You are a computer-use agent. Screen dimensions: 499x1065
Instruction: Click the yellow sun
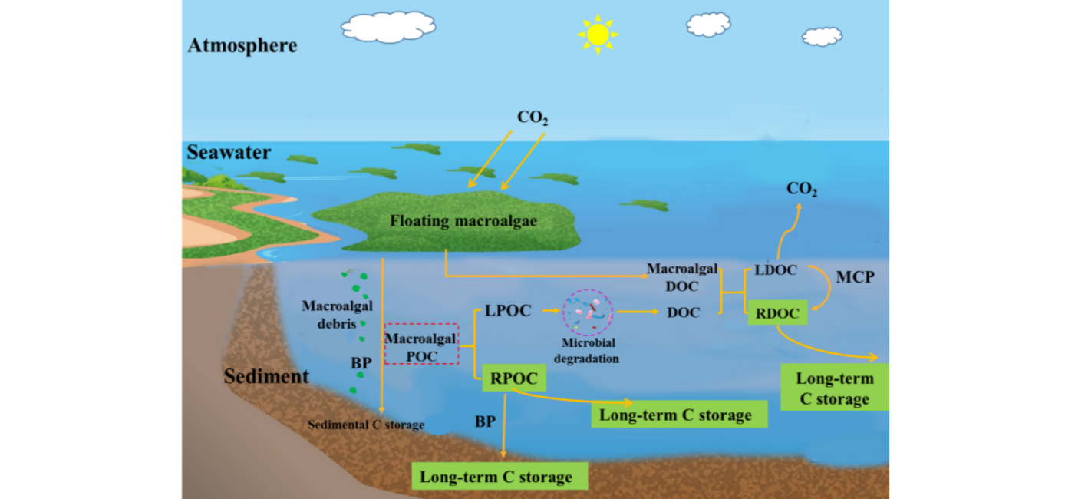pyautogui.click(x=598, y=34)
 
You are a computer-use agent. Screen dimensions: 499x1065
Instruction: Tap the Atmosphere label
pyautogui.click(x=242, y=45)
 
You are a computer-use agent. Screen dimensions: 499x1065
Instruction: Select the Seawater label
pyautogui.click(x=229, y=153)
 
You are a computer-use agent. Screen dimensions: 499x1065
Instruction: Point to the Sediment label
pyautogui.click(x=266, y=376)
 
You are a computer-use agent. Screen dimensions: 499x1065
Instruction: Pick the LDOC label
pyautogui.click(x=776, y=270)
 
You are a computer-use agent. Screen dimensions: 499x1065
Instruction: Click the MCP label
pyautogui.click(x=854, y=277)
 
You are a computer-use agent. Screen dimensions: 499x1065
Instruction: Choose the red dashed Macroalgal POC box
pyautogui.click(x=421, y=344)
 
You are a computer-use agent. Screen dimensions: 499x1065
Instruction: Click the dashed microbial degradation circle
pyautogui.click(x=587, y=312)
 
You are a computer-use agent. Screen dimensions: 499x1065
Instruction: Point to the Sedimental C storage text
pyautogui.click(x=366, y=425)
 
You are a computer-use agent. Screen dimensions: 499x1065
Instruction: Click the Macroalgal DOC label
pyautogui.click(x=682, y=277)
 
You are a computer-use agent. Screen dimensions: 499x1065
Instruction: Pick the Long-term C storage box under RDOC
pyautogui.click(x=834, y=388)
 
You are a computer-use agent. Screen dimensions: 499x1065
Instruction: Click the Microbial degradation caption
pyautogui.click(x=589, y=351)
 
